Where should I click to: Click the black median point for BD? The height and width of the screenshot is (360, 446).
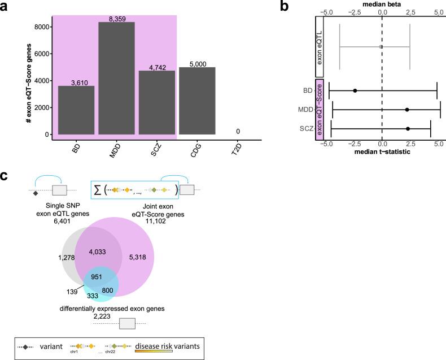click(355, 90)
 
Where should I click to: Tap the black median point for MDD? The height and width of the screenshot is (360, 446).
click(407, 110)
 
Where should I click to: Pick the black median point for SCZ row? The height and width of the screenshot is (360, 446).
click(408, 129)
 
